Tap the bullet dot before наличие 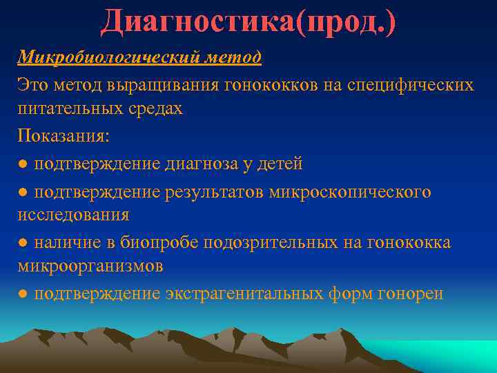point(23,242)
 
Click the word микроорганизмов point(90,266)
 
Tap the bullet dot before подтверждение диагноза point(23,164)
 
